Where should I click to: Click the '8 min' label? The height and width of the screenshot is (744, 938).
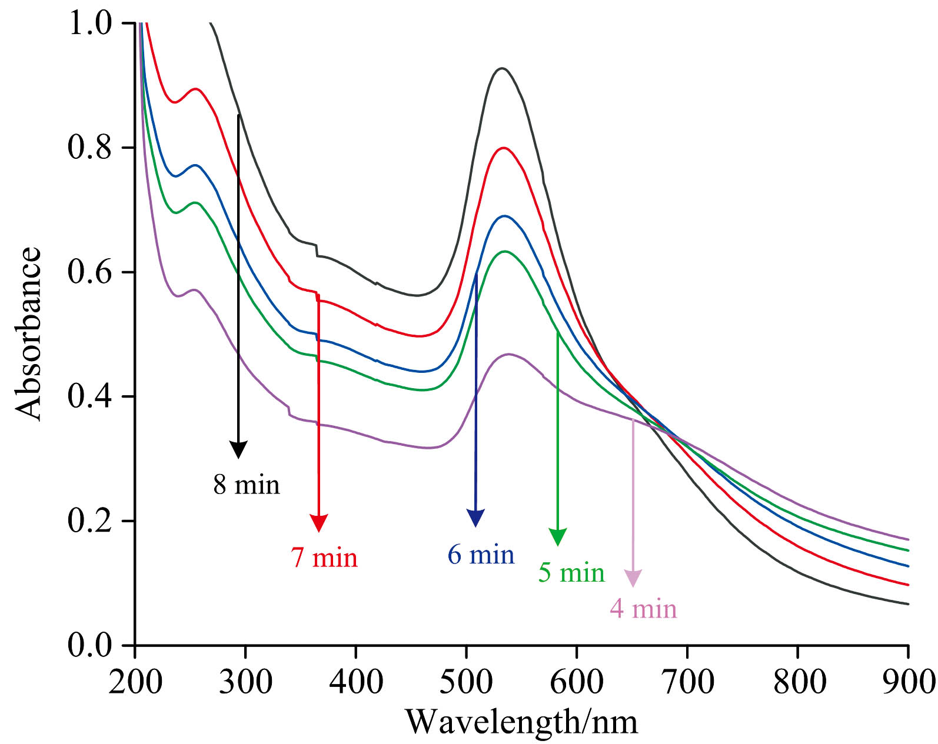pyautogui.click(x=247, y=485)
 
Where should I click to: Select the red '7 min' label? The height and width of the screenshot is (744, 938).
pyautogui.click(x=324, y=558)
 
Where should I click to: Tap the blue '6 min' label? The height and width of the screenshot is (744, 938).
pyautogui.click(x=481, y=555)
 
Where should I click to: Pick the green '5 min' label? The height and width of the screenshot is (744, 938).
pyautogui.click(x=571, y=573)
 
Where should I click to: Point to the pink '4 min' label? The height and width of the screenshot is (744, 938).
pyautogui.click(x=643, y=609)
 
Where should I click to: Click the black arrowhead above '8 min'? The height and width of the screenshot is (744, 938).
pyautogui.click(x=238, y=450)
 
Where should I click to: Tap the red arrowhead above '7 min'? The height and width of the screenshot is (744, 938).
pyautogui.click(x=318, y=523)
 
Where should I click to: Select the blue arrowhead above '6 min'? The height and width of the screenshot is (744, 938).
pyautogui.click(x=475, y=518)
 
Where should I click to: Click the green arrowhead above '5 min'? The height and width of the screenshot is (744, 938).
pyautogui.click(x=557, y=537)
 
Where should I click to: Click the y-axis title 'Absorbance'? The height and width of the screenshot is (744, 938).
pyautogui.click(x=28, y=334)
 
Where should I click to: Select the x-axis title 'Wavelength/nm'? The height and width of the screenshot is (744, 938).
pyautogui.click(x=521, y=722)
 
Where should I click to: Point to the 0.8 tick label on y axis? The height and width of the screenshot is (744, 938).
pyautogui.click(x=89, y=148)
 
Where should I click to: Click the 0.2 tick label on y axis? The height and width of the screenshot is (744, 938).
pyautogui.click(x=89, y=521)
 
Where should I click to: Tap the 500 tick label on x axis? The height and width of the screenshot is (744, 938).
pyautogui.click(x=466, y=682)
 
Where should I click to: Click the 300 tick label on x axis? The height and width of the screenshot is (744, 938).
pyautogui.click(x=245, y=682)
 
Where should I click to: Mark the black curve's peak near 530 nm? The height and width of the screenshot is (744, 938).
pyautogui.click(x=502, y=69)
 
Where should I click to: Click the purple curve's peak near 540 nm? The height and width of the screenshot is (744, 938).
pyautogui.click(x=509, y=354)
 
